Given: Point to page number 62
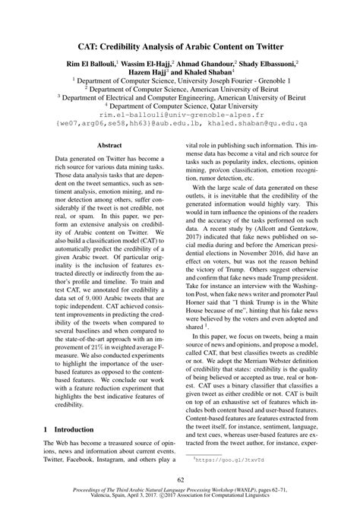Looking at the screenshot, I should (180, 479).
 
